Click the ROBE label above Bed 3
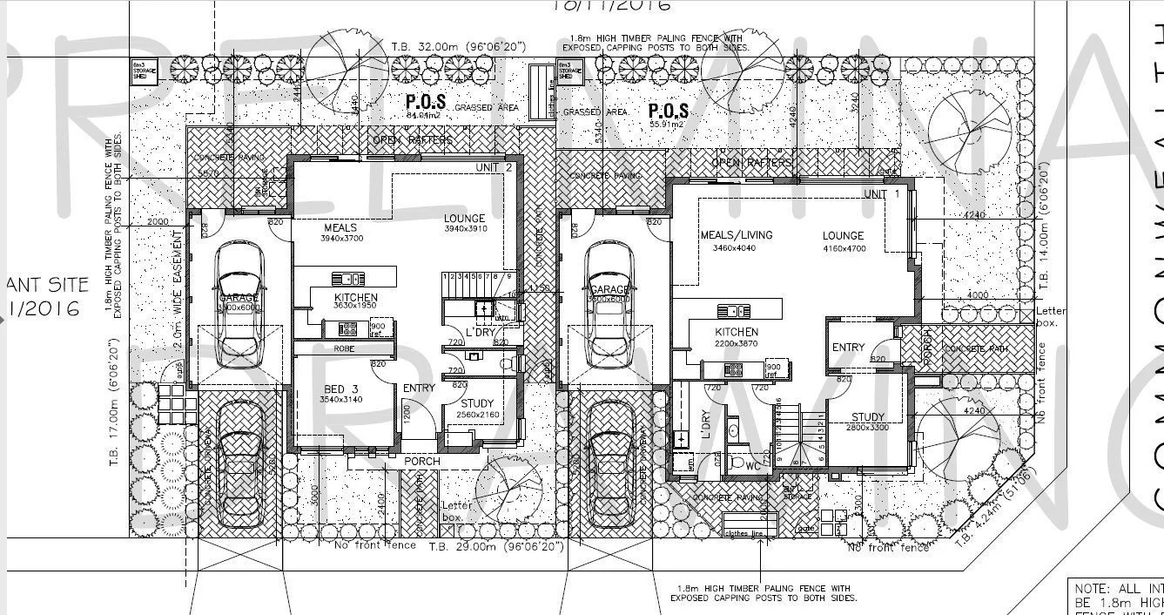(x=345, y=348)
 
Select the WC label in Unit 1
(x=753, y=466)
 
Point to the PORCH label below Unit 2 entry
(x=421, y=461)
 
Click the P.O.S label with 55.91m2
(x=669, y=112)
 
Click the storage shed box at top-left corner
(x=139, y=71)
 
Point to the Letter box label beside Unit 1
(x=1050, y=316)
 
